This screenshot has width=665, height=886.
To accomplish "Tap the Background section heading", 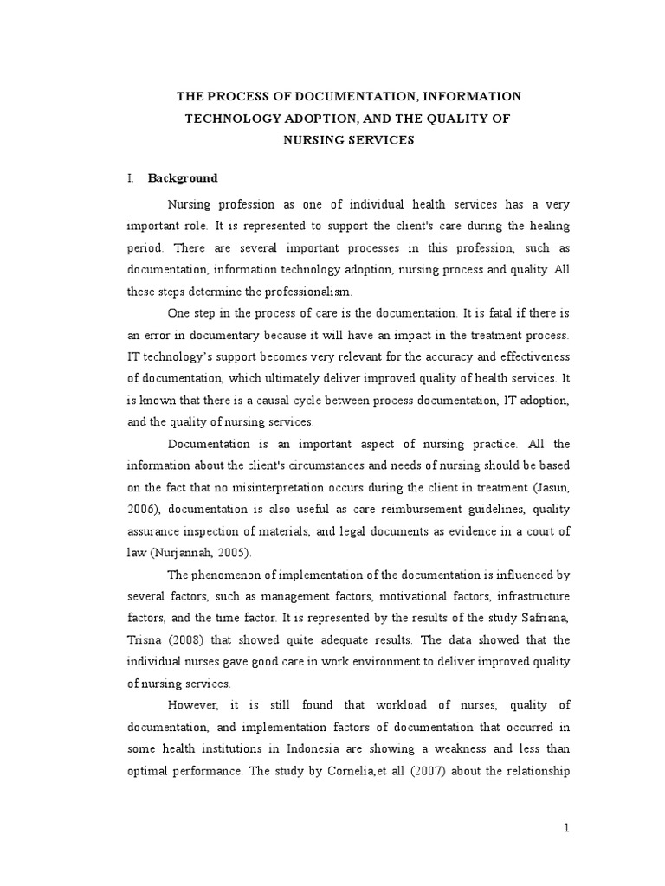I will click(x=183, y=178).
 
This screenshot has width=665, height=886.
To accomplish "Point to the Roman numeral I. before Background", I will click(x=131, y=178).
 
